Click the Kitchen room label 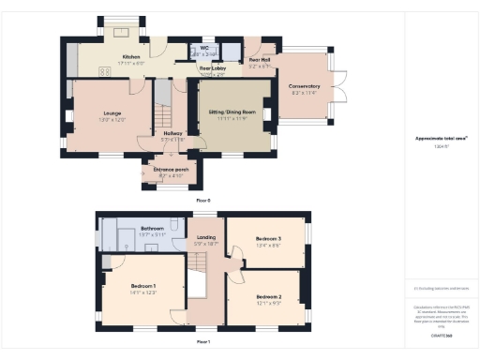point(130,56)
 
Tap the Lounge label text point(112,113)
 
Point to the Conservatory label point(304,86)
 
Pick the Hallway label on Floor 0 point(172,134)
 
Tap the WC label point(204,48)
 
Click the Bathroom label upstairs point(152,229)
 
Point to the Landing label point(205,238)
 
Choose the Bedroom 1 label point(142,285)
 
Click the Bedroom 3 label point(268,238)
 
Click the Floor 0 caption point(202,201)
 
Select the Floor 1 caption point(202,341)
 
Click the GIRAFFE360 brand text point(441,335)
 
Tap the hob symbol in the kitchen point(104,70)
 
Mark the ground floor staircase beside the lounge point(162,111)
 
